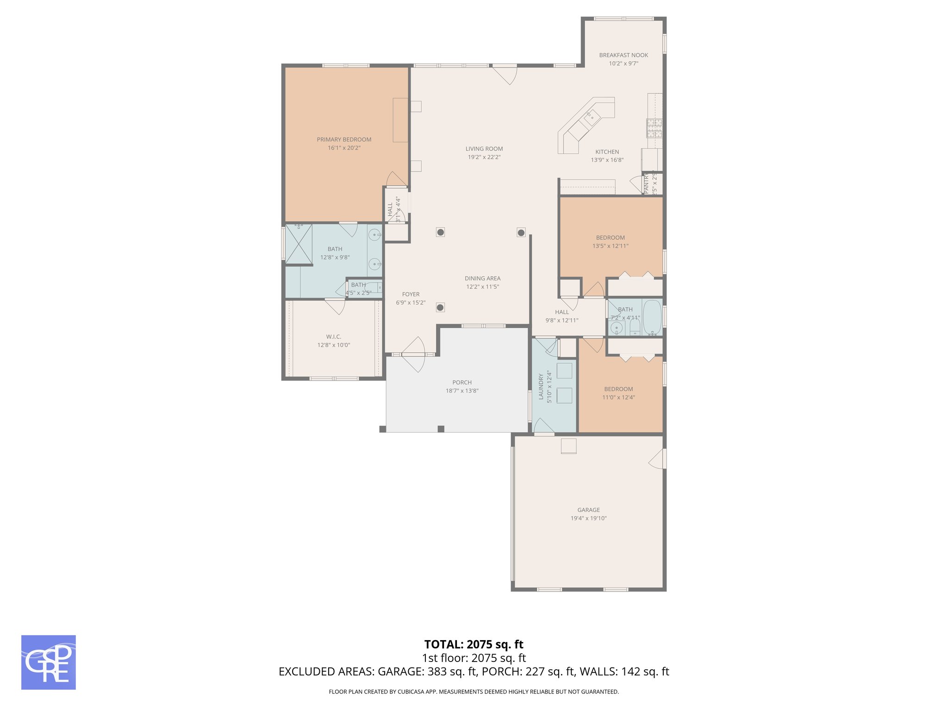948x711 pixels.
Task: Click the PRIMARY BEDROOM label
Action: click(344, 139)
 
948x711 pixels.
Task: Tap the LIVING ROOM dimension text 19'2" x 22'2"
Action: click(484, 157)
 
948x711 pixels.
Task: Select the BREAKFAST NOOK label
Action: click(623, 55)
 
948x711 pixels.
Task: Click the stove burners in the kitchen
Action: click(654, 128)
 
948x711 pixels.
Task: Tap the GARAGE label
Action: click(588, 510)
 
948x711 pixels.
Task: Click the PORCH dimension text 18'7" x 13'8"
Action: click(462, 391)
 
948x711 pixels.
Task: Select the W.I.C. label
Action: click(333, 337)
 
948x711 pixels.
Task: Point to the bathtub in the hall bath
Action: click(652, 317)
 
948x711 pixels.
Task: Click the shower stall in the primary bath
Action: click(299, 244)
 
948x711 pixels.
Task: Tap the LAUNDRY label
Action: click(541, 387)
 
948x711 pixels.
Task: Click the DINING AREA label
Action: click(482, 278)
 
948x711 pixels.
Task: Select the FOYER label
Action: click(411, 294)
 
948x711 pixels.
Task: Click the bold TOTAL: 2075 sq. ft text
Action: click(474, 644)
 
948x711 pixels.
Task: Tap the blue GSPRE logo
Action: click(49, 662)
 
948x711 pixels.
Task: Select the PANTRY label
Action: click(647, 183)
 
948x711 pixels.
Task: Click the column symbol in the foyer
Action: click(440, 307)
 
